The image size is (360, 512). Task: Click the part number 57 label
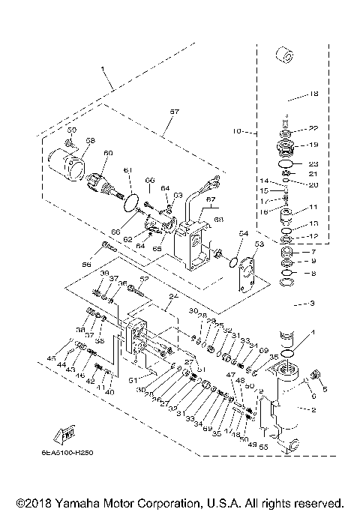point(174,111)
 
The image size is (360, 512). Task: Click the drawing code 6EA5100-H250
point(78,453)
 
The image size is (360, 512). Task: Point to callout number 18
point(313,94)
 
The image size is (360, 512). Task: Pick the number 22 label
point(313,127)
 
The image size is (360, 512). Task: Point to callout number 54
point(242,234)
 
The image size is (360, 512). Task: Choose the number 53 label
point(260,244)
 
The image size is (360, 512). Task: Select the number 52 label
point(145,280)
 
